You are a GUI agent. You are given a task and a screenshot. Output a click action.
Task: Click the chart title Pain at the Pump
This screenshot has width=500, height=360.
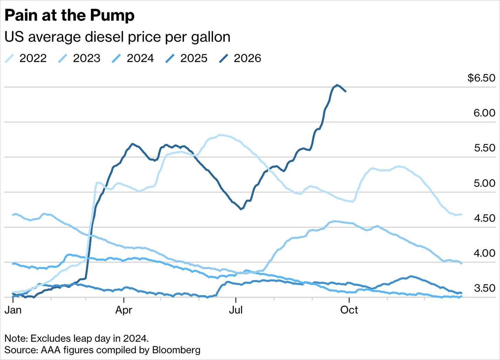point(69,16)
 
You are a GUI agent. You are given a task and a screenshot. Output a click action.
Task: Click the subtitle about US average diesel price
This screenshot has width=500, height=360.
point(117,37)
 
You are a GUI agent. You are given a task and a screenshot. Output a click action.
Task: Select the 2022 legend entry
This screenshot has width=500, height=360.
point(26,58)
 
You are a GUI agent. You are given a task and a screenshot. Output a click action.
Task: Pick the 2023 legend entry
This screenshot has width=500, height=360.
point(79,58)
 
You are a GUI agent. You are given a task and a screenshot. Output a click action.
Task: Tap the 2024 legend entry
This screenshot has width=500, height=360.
point(133,58)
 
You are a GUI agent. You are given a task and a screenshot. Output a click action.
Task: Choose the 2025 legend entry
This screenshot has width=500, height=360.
point(186,58)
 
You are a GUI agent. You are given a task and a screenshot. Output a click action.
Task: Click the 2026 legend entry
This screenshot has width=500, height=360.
point(240,58)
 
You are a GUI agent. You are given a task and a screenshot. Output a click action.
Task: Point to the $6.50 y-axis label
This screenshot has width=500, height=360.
point(481,78)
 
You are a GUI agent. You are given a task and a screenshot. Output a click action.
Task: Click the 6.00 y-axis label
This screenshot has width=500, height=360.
point(484,113)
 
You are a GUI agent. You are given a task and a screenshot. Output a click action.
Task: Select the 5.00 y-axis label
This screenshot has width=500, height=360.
point(484,183)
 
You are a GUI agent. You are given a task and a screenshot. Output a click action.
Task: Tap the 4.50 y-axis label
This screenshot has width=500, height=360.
point(485,218)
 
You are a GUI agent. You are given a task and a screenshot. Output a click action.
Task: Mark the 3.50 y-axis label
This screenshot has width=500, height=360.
point(485,288)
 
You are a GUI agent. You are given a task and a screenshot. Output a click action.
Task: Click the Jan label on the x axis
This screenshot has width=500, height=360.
point(13,310)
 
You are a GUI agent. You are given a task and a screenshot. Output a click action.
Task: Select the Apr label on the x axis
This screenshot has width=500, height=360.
point(124,310)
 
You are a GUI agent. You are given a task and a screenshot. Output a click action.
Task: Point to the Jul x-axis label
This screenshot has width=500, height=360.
point(236,310)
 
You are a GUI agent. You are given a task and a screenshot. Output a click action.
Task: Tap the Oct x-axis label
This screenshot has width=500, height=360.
point(349,310)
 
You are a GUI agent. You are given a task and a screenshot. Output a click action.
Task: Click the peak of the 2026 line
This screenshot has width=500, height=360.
point(337,85)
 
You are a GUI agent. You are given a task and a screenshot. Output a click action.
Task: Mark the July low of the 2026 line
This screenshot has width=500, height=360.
point(241,209)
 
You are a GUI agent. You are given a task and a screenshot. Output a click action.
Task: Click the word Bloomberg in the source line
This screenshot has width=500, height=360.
point(176,350)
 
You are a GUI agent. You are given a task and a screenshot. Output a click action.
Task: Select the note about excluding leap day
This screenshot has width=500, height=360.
point(77,339)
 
